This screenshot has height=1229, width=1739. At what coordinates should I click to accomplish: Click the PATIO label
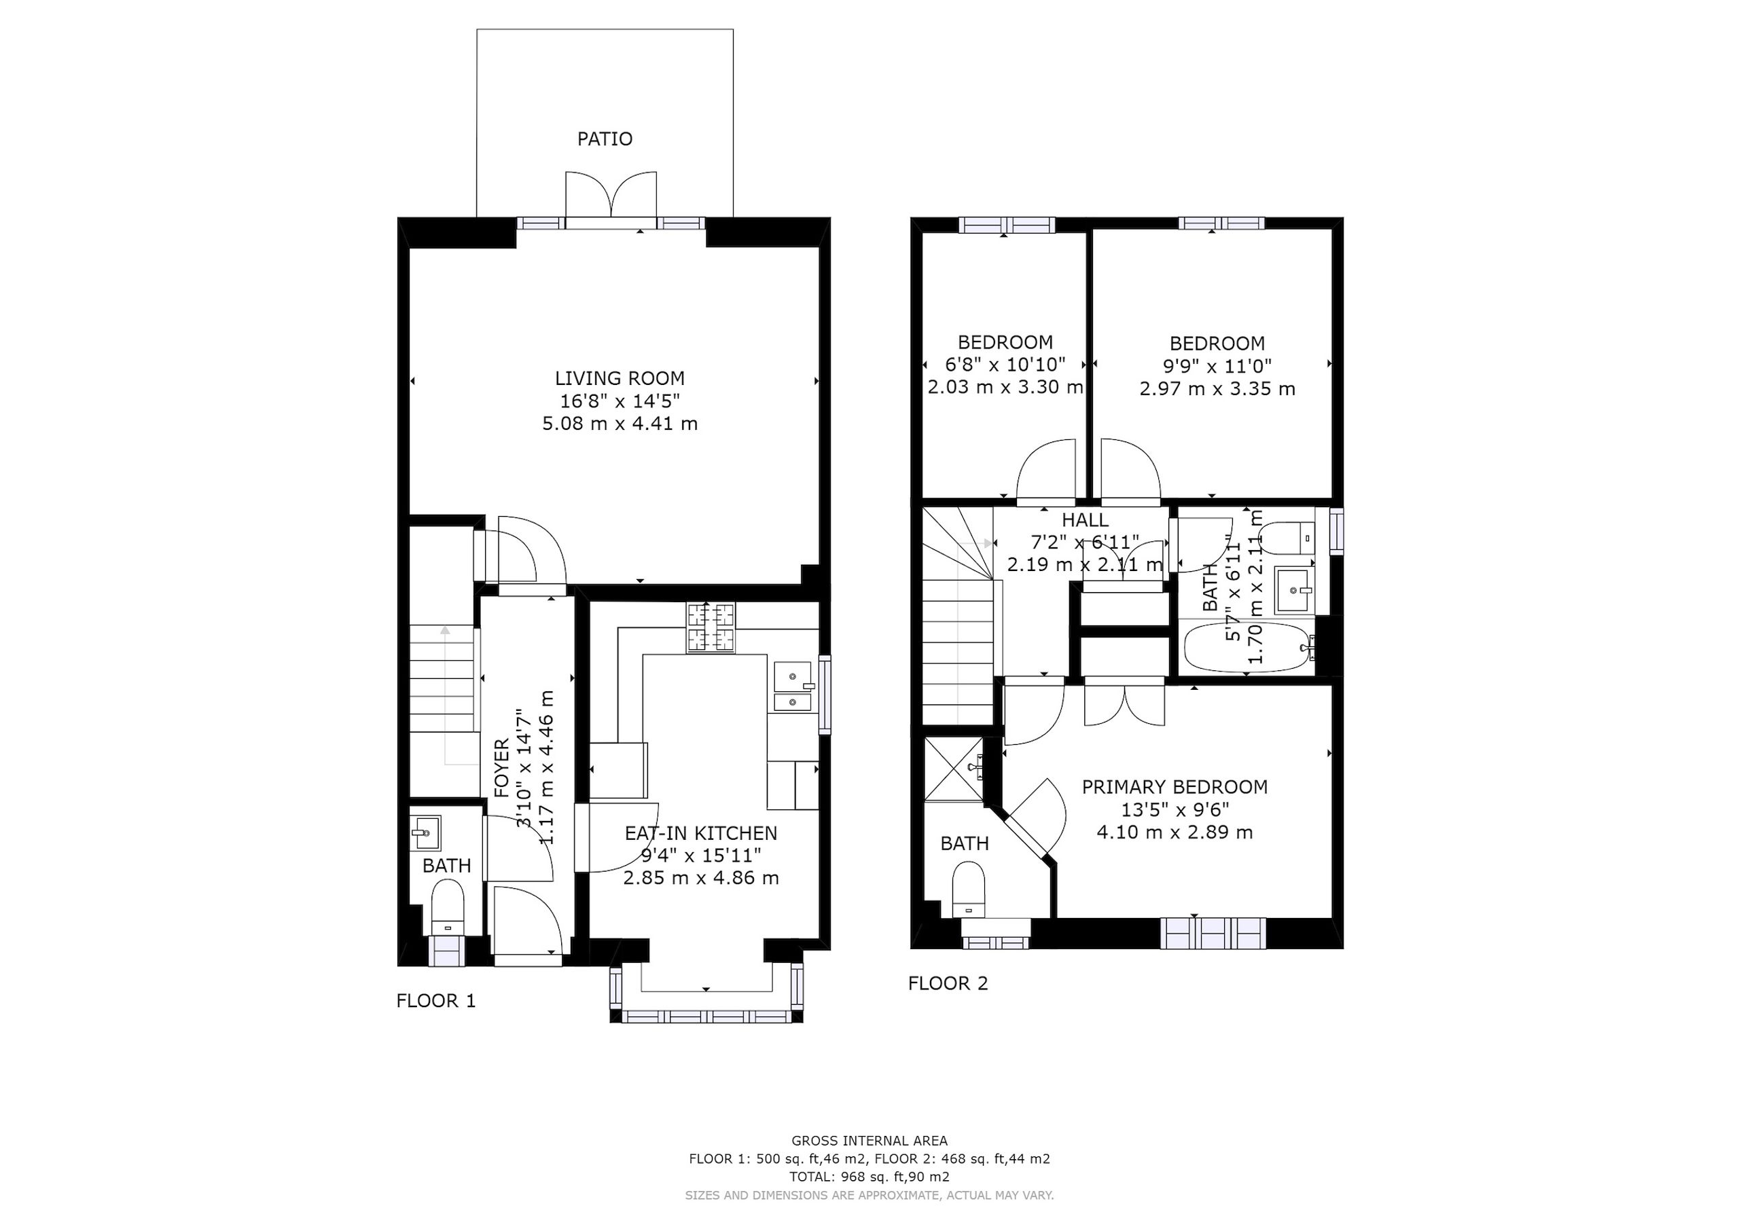click(x=605, y=139)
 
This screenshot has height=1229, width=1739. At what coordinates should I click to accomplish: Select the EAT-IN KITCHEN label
click(x=700, y=833)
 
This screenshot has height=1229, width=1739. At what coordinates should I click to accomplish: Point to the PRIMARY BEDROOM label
click(x=1175, y=787)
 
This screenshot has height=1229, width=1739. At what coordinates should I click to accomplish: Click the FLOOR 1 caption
click(x=436, y=1001)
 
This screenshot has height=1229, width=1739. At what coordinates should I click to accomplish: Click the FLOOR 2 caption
click(x=948, y=984)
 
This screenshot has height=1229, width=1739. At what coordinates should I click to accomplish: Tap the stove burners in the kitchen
click(x=711, y=628)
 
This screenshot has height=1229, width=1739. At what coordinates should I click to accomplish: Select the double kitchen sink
click(x=793, y=686)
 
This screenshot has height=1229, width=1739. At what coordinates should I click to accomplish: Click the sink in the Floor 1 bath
click(x=426, y=834)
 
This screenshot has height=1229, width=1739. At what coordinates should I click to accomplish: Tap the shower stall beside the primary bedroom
click(x=954, y=769)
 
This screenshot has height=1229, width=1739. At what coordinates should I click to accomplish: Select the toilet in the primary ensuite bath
click(x=968, y=890)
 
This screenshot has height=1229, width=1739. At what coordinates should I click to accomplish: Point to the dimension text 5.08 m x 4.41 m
click(x=620, y=423)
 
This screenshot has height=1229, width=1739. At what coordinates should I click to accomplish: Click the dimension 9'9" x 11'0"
click(x=1217, y=367)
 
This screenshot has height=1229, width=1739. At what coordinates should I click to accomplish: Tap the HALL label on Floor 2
click(x=1086, y=520)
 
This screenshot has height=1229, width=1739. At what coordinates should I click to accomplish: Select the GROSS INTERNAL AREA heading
click(x=869, y=1141)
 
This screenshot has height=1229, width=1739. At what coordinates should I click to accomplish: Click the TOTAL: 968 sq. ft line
click(x=869, y=1177)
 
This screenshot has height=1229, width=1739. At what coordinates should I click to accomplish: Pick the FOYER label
click(x=501, y=768)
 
